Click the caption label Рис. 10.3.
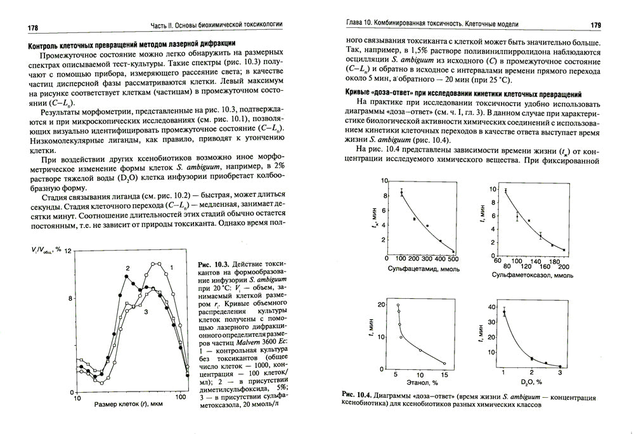click(212, 263)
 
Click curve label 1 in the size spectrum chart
click(171, 268)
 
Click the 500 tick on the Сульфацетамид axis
click(453, 259)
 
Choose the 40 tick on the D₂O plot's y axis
click(491, 307)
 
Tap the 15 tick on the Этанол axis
click(444, 374)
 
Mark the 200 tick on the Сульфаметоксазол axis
click(564, 267)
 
